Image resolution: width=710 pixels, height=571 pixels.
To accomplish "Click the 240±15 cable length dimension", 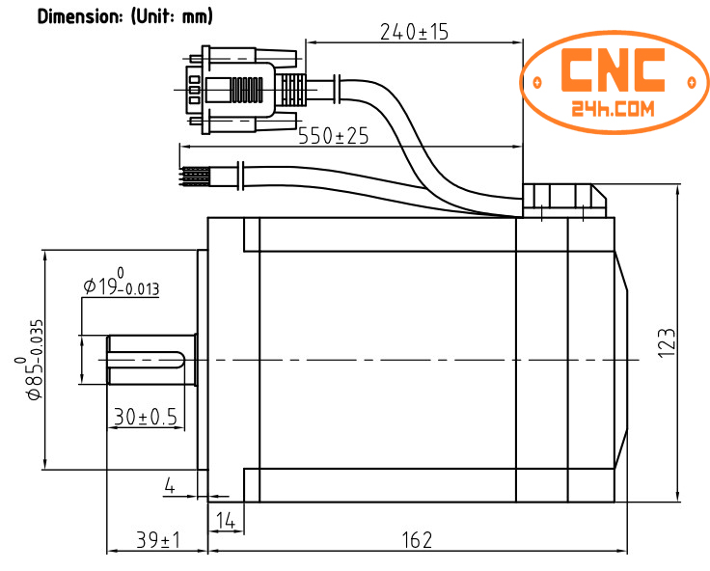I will (x=414, y=32).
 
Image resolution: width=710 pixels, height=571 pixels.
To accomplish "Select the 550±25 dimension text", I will (x=333, y=136).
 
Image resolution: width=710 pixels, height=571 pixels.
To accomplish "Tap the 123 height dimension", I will (x=667, y=343).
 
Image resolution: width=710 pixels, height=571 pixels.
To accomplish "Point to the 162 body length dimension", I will (x=417, y=540).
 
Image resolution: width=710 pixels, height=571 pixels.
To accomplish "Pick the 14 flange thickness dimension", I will (x=226, y=521).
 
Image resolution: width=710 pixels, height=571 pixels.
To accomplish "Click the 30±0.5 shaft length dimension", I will (x=145, y=416).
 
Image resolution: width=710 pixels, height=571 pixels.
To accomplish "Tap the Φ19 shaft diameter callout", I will (x=121, y=285).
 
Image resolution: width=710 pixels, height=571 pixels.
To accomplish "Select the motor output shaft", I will (x=151, y=360).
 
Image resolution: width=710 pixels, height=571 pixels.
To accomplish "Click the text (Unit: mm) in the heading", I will (x=171, y=17).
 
